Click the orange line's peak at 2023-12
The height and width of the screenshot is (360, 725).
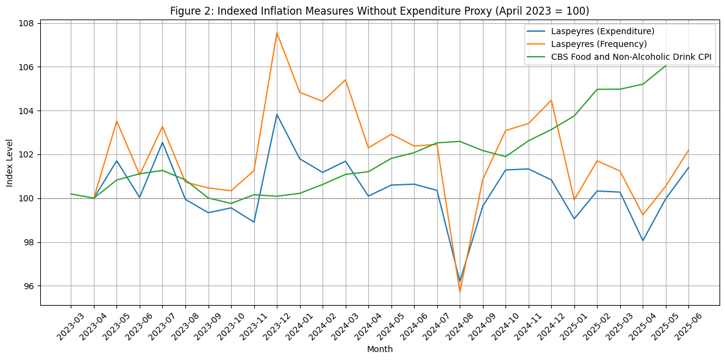tap(277, 32)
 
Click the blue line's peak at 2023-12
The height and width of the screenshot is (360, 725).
tap(277, 115)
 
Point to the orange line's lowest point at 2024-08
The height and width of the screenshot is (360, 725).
tap(460, 292)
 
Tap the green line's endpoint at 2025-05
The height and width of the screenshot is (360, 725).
tap(665, 65)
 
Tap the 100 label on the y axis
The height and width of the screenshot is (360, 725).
tap(27, 199)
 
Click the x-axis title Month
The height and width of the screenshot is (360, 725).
tap(379, 350)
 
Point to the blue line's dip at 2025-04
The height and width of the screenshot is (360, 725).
tap(643, 240)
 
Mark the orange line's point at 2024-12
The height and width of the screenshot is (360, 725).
tap(551, 100)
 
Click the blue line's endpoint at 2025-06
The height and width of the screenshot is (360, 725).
tap(688, 168)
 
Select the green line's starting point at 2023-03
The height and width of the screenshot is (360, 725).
tap(71, 194)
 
